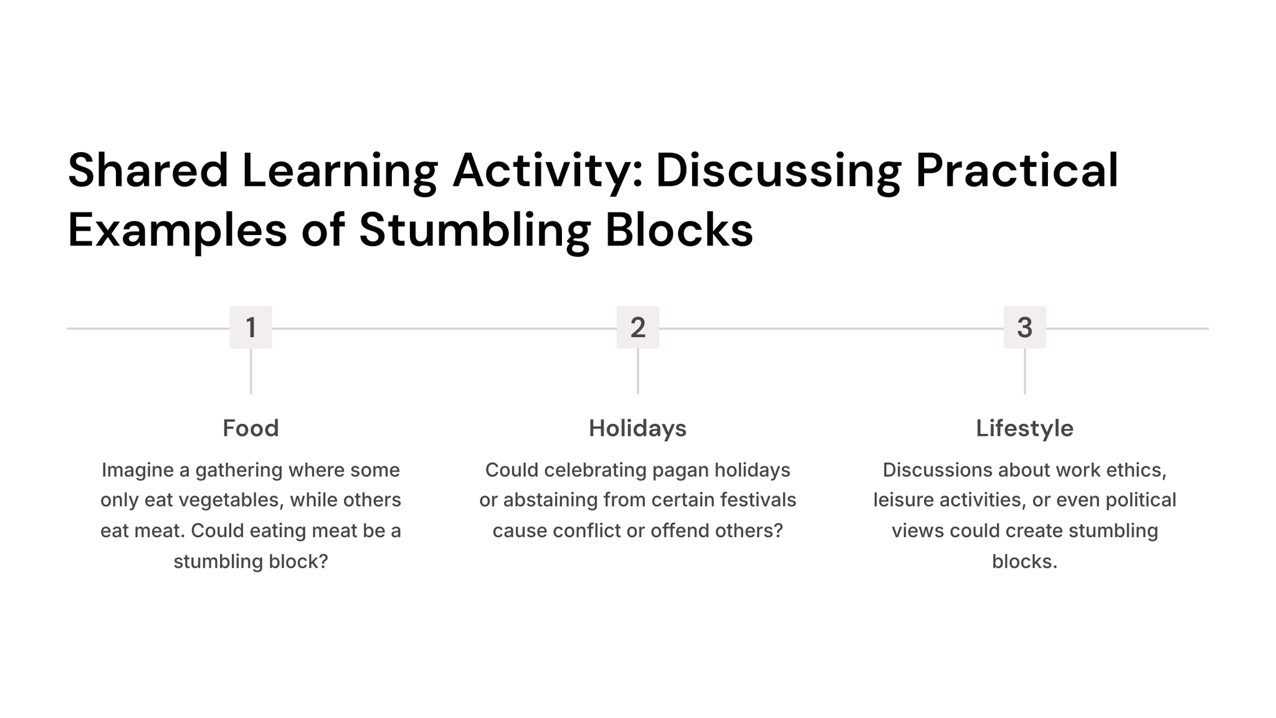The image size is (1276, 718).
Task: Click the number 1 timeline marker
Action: [250, 327]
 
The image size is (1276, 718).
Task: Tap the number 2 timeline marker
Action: [638, 327]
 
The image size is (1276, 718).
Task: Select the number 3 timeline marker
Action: [1025, 327]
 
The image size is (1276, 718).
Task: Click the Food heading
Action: [250, 428]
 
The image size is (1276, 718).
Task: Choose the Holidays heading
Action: [638, 429]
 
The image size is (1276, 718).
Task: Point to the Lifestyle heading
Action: [1025, 429]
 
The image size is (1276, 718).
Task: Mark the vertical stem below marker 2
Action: [638, 371]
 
